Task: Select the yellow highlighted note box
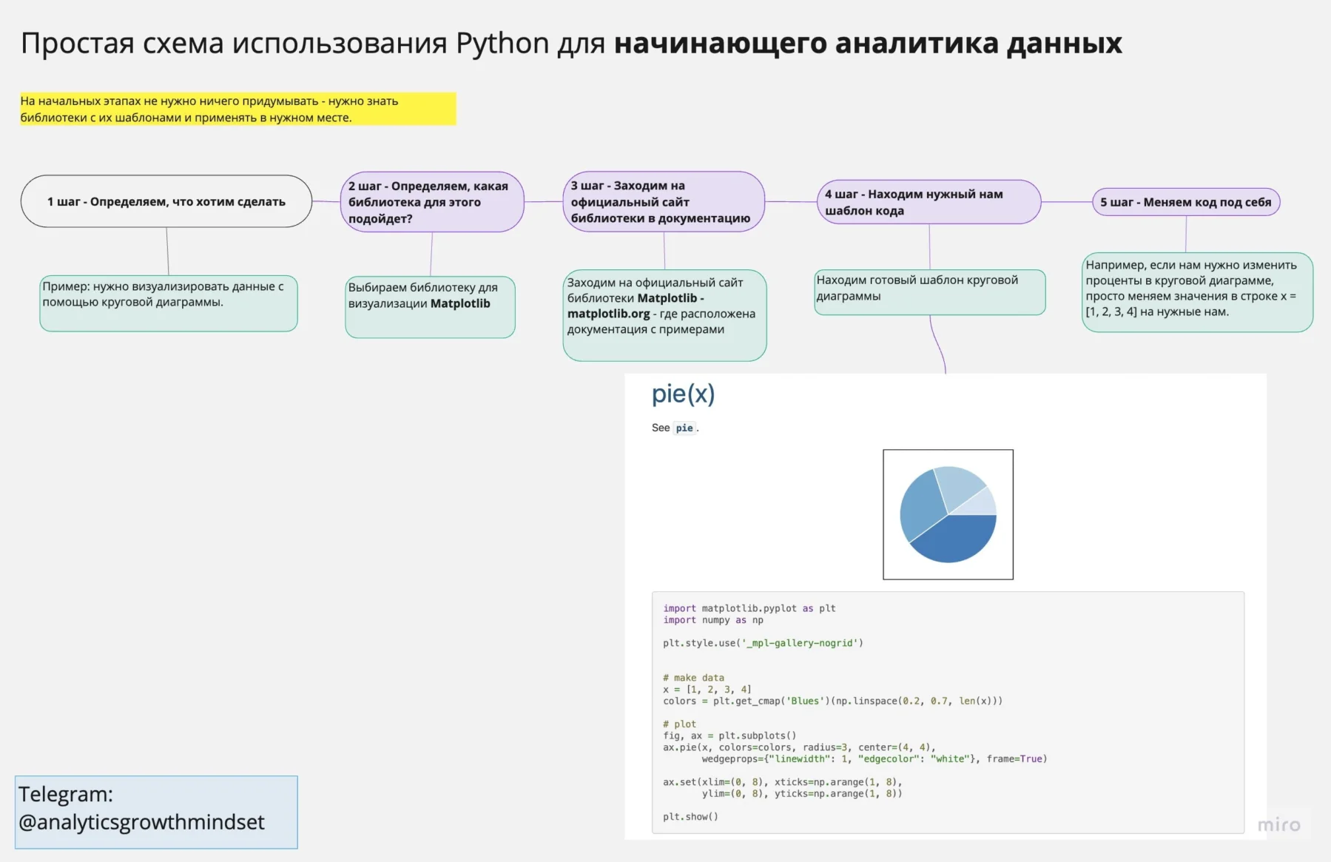(x=237, y=109)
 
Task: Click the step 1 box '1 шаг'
(x=166, y=201)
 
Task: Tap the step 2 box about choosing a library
(x=431, y=202)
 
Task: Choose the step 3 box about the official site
(x=663, y=202)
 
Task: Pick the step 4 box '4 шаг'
(x=928, y=202)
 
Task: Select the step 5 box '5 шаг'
(x=1185, y=202)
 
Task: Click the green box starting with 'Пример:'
(x=168, y=303)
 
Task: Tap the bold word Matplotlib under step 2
(x=460, y=303)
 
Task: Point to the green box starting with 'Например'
(x=1196, y=292)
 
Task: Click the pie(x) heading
(x=683, y=394)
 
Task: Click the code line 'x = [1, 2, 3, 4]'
(x=707, y=689)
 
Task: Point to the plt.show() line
(x=690, y=817)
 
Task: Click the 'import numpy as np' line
(x=712, y=620)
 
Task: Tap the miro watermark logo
(x=1278, y=825)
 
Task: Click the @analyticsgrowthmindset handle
(x=141, y=822)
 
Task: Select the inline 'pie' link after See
(x=684, y=428)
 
